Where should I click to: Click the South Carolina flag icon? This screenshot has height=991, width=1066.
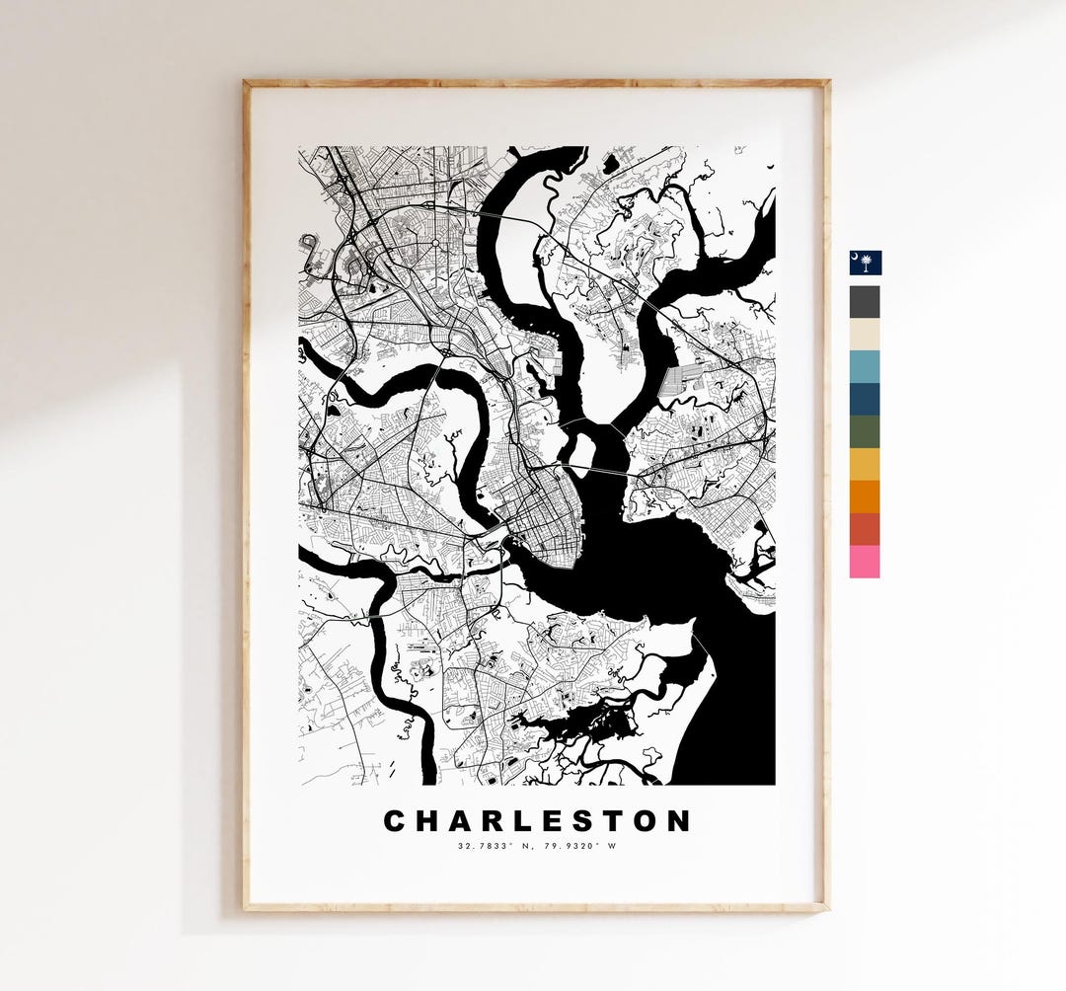(866, 263)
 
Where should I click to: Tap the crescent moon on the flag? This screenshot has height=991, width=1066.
(857, 256)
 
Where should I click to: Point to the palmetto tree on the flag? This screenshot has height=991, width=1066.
(867, 264)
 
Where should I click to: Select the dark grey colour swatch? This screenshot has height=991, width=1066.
(866, 301)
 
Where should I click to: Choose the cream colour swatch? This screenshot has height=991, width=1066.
(866, 334)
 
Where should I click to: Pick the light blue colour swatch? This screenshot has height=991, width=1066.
(866, 366)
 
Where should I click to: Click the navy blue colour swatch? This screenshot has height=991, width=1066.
(866, 399)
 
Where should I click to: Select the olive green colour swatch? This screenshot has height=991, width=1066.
(866, 431)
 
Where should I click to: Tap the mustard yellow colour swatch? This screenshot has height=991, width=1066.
(866, 464)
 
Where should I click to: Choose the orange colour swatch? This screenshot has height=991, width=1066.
(866, 496)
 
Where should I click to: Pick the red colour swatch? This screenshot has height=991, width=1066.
(866, 529)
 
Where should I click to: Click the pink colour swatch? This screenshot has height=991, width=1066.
(866, 562)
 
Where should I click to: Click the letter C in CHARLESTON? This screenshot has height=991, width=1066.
(395, 821)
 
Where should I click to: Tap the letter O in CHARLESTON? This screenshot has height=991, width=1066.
(645, 821)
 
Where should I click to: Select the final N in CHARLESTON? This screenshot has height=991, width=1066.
(679, 821)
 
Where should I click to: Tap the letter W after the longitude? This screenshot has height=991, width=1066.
(611, 846)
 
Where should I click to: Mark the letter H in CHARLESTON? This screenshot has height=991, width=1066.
(427, 821)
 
